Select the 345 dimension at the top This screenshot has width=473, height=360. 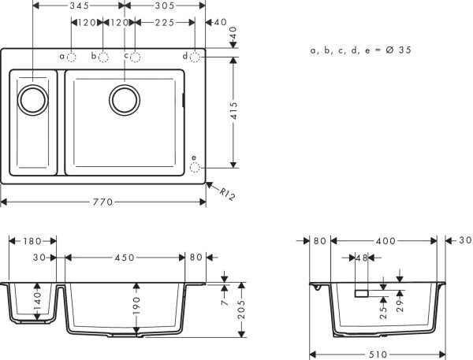(x=78, y=6)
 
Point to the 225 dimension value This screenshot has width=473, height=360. (x=164, y=23)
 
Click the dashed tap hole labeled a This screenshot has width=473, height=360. (x=71, y=57)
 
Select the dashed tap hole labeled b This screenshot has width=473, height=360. (x=103, y=57)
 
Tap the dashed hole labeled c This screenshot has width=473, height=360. (x=136, y=57)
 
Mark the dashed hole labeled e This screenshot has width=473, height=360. (x=196, y=166)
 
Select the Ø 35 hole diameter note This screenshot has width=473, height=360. (x=361, y=50)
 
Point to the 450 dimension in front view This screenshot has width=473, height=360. (x=125, y=258)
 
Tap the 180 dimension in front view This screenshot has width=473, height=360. (x=32, y=240)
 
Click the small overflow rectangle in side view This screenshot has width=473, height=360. (x=362, y=293)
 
